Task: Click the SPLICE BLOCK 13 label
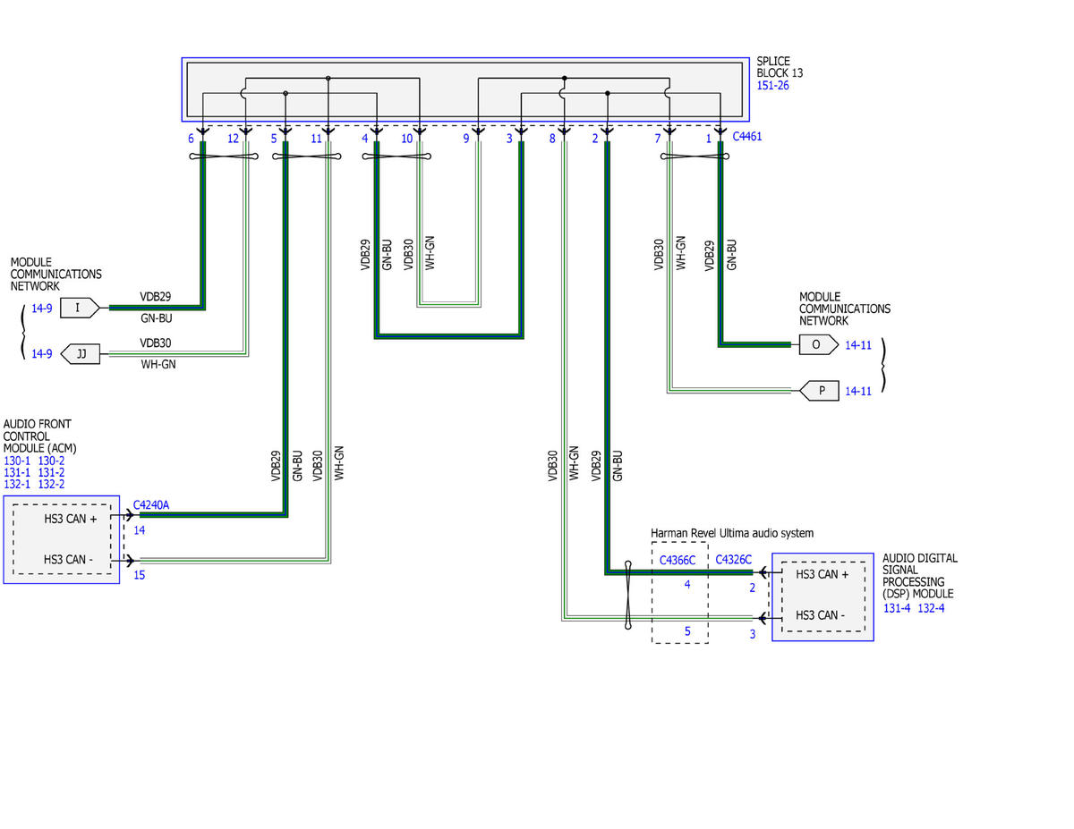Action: click(779, 67)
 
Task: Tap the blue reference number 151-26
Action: click(772, 86)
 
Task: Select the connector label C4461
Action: click(746, 137)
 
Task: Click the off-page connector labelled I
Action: click(80, 308)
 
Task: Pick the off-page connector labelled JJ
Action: click(80, 354)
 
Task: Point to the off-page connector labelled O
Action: click(818, 344)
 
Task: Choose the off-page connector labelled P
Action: click(819, 391)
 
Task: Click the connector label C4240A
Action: click(150, 505)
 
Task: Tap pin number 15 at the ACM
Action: click(139, 575)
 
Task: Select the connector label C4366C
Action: click(678, 561)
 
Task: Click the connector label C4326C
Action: click(734, 560)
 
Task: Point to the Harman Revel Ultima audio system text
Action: click(731, 533)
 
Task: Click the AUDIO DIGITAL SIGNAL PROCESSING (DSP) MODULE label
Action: click(919, 576)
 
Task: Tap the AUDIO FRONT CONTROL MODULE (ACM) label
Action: click(39, 436)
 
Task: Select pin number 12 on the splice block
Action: click(233, 139)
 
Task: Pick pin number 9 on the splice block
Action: click(465, 139)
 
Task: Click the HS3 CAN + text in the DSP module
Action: click(822, 574)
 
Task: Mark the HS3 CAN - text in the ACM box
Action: click(68, 560)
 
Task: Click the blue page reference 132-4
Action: click(931, 608)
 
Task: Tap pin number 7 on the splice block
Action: click(657, 139)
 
